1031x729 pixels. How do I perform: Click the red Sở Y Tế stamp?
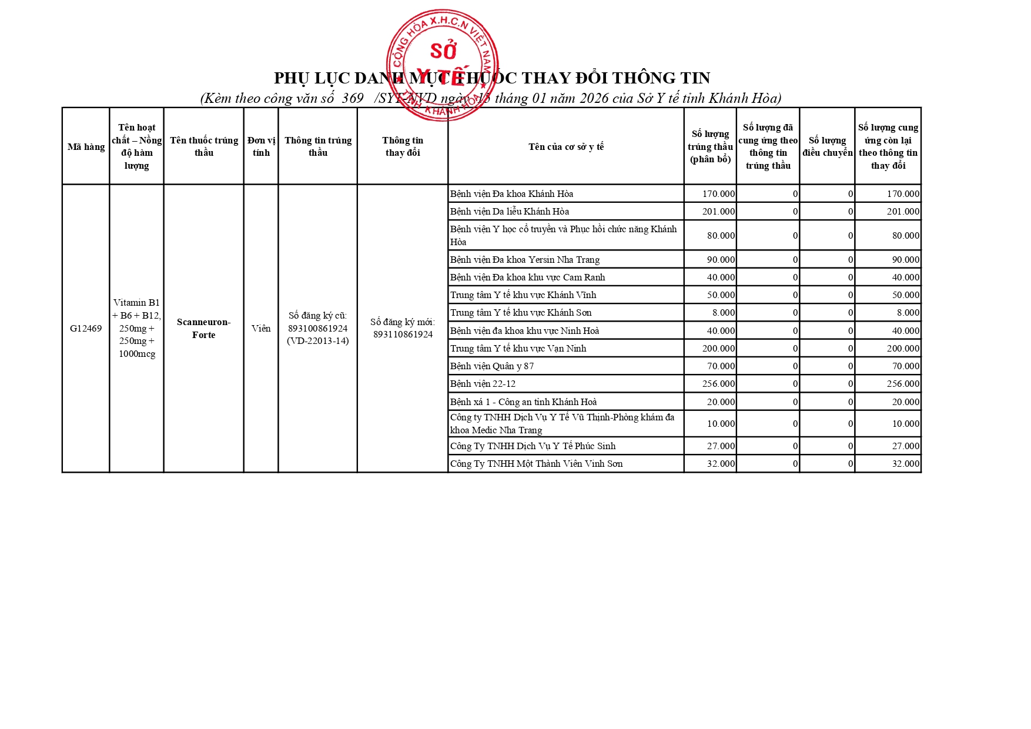[442, 65]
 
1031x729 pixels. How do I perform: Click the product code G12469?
[86, 328]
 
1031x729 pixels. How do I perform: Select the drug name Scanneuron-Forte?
[203, 328]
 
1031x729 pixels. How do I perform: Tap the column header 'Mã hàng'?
[86, 146]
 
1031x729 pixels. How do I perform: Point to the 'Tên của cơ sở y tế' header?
[565, 146]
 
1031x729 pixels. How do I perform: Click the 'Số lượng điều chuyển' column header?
[827, 146]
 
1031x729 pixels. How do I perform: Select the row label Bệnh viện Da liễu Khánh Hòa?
[509, 211]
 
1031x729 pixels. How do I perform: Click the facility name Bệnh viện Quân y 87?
[492, 366]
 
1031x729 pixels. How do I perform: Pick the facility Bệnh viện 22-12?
[483, 383]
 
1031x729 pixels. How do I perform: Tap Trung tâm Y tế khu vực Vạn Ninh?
[518, 348]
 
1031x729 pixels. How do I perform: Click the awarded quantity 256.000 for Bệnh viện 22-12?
[718, 383]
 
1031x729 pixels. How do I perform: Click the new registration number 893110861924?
[403, 335]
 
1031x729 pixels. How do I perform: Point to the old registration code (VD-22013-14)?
[317, 341]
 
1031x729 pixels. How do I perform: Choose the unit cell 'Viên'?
[261, 328]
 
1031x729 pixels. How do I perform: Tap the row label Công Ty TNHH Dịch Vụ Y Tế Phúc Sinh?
[533, 446]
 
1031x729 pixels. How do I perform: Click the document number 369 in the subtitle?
[352, 98]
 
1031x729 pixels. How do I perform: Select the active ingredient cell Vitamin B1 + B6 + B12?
[136, 328]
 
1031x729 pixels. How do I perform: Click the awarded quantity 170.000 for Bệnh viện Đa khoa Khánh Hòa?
[718, 193]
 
